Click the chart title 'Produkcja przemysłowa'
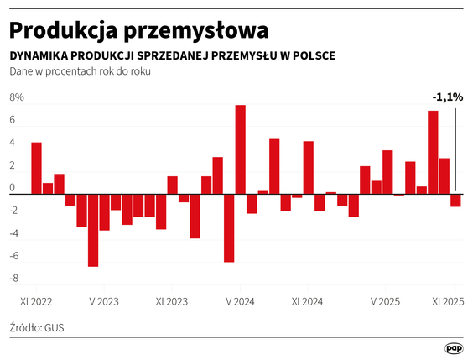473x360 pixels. pyautogui.click(x=139, y=29)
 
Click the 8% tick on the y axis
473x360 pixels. pyautogui.click(x=17, y=98)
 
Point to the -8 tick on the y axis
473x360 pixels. pyautogui.click(x=14, y=279)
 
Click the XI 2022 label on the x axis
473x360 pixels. pyautogui.click(x=36, y=300)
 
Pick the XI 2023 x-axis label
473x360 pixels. pyautogui.click(x=171, y=300)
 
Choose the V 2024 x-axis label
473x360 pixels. pyautogui.click(x=240, y=300)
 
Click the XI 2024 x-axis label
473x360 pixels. pyautogui.click(x=307, y=300)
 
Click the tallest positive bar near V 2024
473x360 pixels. pyautogui.click(x=240, y=149)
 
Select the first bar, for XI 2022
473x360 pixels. pyautogui.click(x=36, y=168)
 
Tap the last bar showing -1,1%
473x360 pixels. pyautogui.click(x=455, y=201)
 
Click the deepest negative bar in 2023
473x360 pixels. pyautogui.click(x=93, y=230)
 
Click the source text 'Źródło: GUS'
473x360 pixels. pyautogui.click(x=37, y=326)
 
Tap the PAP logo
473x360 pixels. pyautogui.click(x=454, y=347)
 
